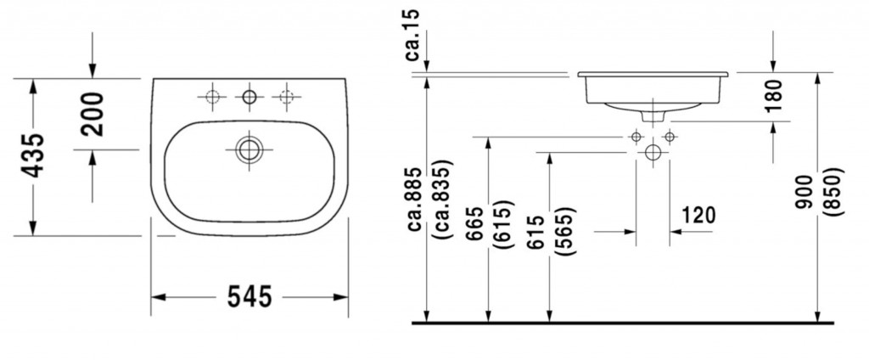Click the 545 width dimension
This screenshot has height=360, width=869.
[249, 297]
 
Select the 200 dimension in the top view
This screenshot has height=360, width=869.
[93, 114]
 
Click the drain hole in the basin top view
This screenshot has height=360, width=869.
[249, 149]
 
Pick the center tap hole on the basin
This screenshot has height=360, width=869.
[249, 98]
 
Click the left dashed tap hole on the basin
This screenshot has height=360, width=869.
[210, 98]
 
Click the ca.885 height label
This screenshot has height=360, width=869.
[415, 197]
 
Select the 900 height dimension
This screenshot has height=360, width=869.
[804, 193]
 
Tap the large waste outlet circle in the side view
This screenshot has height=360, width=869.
[652, 153]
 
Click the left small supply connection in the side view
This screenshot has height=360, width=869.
[636, 136]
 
